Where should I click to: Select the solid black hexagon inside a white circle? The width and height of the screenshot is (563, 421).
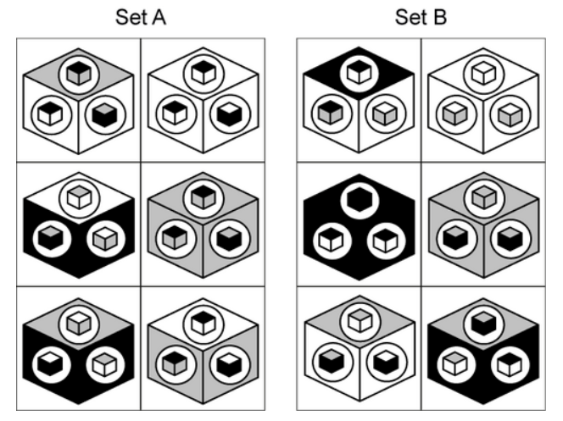pos(360,200)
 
